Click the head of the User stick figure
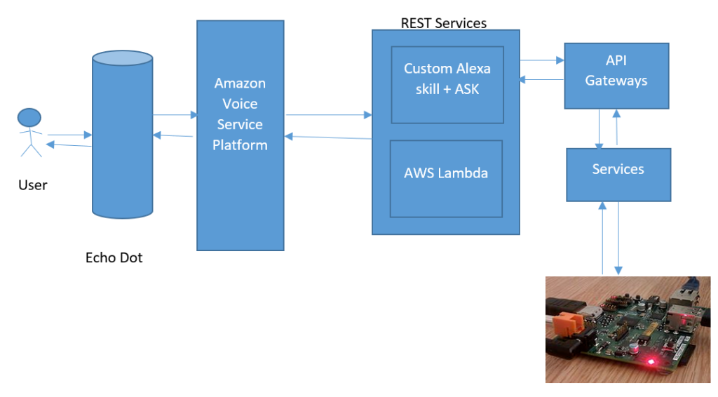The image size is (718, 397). [29, 117]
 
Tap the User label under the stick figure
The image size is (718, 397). [33, 185]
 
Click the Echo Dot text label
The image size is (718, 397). [114, 257]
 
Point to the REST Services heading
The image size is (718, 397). [443, 23]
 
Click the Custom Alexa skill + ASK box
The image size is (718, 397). [447, 84]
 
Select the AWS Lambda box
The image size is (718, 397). [446, 178]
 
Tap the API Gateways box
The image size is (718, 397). [616, 75]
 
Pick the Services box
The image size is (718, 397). [618, 174]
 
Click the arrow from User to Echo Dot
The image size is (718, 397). [69, 135]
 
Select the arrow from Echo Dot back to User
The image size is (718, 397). [69, 145]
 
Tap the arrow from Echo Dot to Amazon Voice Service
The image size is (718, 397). [174, 114]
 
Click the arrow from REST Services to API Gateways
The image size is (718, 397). [541, 61]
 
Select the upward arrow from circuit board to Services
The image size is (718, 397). [602, 238]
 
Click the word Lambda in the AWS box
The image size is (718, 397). [466, 173]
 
